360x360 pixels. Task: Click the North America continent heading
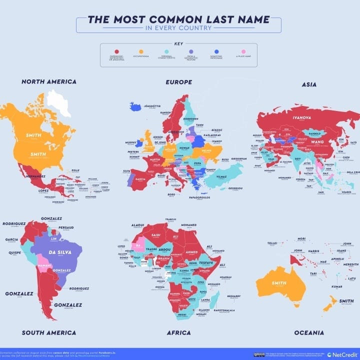48,81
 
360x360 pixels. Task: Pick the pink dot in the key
243,51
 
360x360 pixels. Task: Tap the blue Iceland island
135,106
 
